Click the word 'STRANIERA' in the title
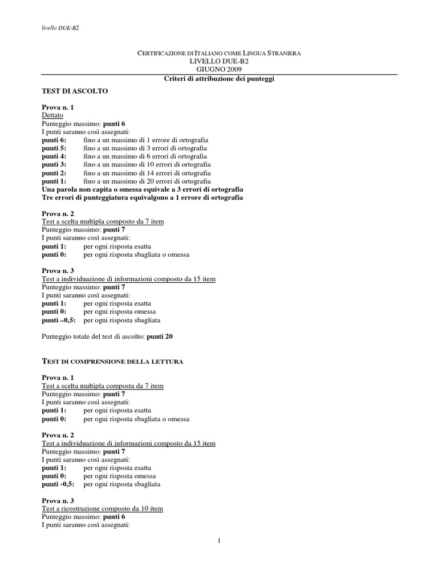click(x=279, y=52)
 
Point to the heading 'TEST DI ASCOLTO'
click(x=75, y=91)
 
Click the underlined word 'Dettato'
click(x=52, y=115)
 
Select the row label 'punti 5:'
click(x=54, y=148)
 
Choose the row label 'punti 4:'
click(x=54, y=156)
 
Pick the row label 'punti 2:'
click(x=54, y=173)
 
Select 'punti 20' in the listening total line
click(x=159, y=336)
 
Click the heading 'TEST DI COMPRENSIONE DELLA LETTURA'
click(x=112, y=361)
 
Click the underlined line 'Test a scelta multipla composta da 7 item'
click(x=103, y=386)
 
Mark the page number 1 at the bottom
click(x=219, y=541)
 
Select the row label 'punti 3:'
click(x=54, y=164)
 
